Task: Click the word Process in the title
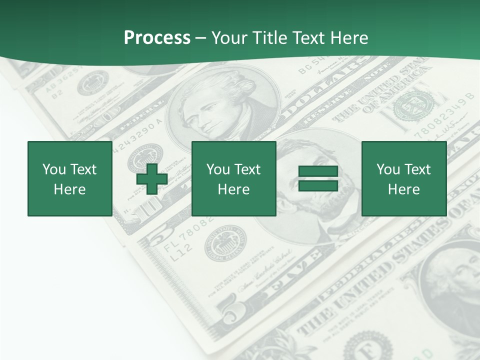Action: pos(157,38)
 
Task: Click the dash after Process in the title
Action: pos(200,38)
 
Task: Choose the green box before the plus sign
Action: pos(69,178)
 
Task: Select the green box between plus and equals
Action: pos(233,178)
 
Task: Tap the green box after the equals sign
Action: pos(403,178)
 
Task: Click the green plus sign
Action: pos(152,179)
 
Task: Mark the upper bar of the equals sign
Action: pos(318,171)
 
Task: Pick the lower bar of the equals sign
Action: pos(318,186)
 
